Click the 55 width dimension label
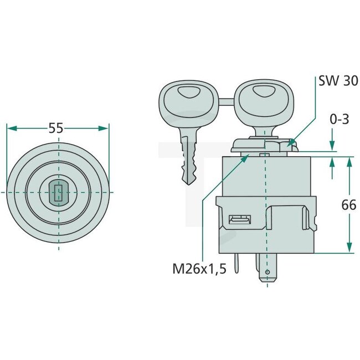tap(55, 128)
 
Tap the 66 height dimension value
tap(348, 205)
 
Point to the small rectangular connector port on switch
tap(239, 220)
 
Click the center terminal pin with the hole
tap(268, 270)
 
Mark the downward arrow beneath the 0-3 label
tap(332, 145)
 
